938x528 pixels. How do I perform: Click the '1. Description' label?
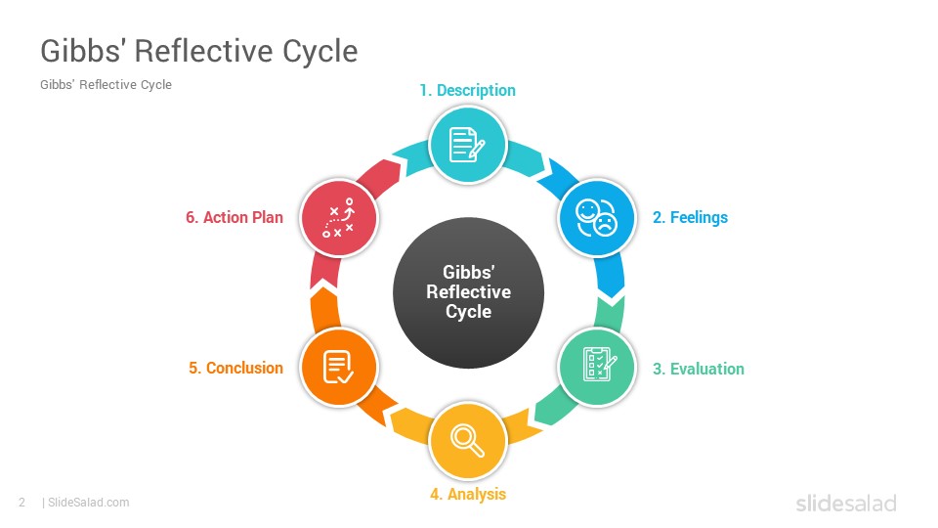tap(467, 90)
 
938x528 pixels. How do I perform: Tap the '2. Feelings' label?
tap(690, 217)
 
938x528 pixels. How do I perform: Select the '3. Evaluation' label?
tap(698, 369)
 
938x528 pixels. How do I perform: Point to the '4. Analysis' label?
tap(468, 494)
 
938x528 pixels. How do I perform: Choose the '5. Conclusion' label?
tap(235, 368)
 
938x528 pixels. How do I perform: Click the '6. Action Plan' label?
tap(234, 217)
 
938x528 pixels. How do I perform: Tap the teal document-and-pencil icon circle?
tap(468, 145)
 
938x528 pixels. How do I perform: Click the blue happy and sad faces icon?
tap(596, 218)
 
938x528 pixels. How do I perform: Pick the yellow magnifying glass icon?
tap(468, 441)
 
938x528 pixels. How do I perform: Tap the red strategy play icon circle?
tap(339, 218)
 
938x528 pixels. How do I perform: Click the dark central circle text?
tap(468, 291)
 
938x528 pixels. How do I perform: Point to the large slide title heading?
tap(198, 51)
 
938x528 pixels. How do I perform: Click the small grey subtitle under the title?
tap(106, 84)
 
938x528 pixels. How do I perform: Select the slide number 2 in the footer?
tap(22, 503)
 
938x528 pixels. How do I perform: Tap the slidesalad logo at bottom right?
tap(846, 503)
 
